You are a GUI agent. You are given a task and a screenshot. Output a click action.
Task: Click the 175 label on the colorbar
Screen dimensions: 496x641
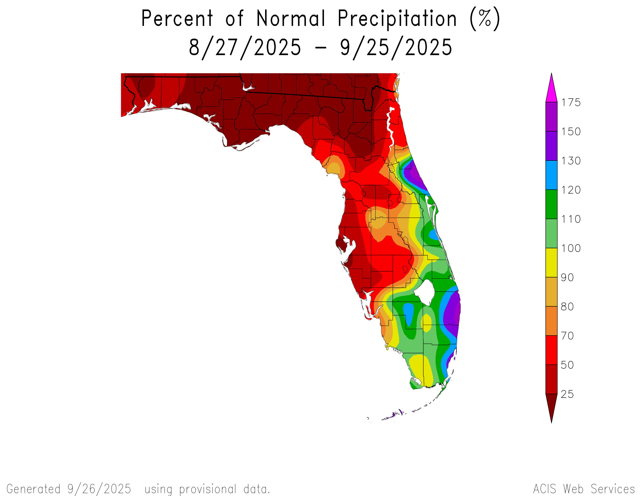point(571,102)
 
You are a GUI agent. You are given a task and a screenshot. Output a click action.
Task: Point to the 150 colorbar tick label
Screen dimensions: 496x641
point(571,132)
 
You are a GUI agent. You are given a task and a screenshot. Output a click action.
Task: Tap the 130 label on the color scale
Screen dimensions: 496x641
point(571,161)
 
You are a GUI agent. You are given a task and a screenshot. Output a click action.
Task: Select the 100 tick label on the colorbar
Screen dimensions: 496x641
point(571,248)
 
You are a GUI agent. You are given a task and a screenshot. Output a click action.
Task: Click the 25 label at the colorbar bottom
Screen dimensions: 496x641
point(567,394)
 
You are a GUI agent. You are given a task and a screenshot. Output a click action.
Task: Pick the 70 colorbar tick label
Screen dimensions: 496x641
point(567,336)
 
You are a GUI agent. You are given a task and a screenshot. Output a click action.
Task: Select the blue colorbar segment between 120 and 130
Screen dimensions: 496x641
point(551,175)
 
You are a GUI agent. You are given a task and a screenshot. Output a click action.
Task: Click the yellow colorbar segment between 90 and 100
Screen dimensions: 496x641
point(551,263)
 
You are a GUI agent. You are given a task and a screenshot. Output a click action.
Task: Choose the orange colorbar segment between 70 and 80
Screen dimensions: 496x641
point(551,321)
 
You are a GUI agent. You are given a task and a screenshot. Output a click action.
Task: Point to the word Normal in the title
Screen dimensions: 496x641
point(290,18)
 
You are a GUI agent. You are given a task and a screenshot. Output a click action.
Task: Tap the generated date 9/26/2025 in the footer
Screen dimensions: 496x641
point(99,489)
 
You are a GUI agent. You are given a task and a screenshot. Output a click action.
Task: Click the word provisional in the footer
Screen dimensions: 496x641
point(208,489)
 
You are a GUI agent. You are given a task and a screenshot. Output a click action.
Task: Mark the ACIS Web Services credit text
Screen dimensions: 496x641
point(584,489)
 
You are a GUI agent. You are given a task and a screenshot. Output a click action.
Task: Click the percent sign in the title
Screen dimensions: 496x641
point(485,18)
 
